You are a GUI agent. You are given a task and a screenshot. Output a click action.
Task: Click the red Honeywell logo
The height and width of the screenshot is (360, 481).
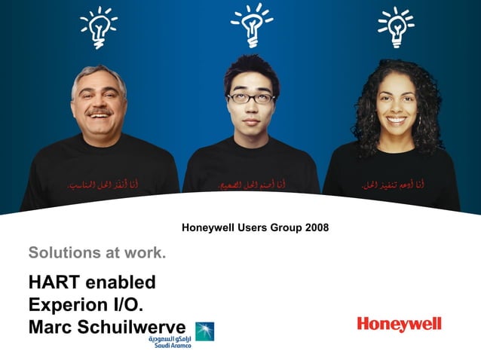399,325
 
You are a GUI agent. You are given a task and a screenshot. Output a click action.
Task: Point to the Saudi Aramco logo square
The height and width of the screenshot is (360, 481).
204,331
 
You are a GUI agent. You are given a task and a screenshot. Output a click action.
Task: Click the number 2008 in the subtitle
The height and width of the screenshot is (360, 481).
314,227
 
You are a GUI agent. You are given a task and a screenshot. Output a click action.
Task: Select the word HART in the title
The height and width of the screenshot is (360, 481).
54,282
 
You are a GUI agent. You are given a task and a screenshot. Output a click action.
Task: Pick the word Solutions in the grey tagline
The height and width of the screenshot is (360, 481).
63,252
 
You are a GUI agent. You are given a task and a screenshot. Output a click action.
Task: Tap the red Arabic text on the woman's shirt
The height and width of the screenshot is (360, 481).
392,183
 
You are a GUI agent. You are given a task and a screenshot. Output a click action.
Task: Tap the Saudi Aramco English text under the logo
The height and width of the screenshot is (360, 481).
170,346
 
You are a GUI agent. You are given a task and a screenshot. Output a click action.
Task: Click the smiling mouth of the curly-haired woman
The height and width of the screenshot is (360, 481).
395,119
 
